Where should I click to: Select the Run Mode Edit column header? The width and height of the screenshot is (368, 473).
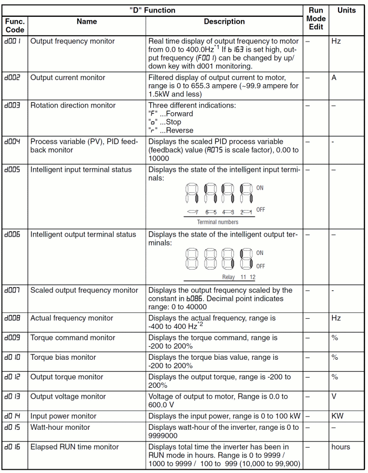click(x=315, y=18)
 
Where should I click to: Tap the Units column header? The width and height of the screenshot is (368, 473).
click(x=346, y=10)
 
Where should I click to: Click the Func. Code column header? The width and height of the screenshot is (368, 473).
click(x=15, y=26)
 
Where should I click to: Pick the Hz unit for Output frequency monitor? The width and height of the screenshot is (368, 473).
click(x=336, y=41)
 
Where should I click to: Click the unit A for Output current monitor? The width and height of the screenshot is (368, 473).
click(x=334, y=77)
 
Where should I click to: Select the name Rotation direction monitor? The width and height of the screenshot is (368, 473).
click(x=73, y=105)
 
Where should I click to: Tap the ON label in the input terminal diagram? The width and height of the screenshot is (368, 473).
click(x=260, y=188)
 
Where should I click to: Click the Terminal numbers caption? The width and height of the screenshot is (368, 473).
click(x=218, y=222)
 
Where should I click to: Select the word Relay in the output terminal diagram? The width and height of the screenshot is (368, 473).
click(x=229, y=277)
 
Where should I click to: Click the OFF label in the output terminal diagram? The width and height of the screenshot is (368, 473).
click(x=260, y=266)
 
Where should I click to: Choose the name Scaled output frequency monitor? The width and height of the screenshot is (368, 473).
click(x=84, y=290)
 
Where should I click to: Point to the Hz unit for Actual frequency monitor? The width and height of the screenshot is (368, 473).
click(x=336, y=318)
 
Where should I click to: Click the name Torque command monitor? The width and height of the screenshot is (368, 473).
click(x=73, y=338)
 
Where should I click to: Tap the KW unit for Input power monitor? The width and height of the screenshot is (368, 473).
click(x=338, y=416)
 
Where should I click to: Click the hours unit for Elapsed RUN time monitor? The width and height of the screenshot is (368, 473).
click(x=341, y=447)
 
